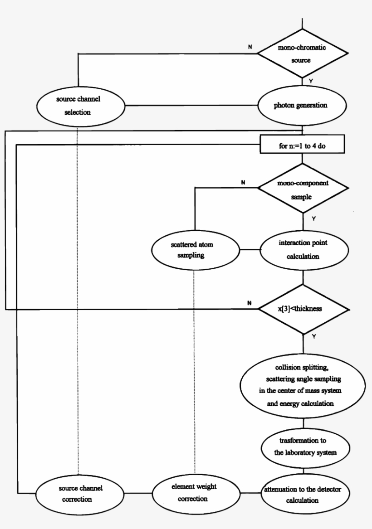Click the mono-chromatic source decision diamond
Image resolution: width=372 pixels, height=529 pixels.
point(303,54)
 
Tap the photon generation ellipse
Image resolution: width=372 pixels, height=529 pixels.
point(303,106)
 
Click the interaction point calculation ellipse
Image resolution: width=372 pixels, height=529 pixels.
point(303,250)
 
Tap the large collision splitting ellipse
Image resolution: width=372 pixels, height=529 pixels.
point(303,385)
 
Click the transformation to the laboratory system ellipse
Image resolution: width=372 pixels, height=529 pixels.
point(303,446)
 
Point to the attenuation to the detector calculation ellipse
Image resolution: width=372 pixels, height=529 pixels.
point(303,494)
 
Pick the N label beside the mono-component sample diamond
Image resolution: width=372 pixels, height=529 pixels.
point(243,183)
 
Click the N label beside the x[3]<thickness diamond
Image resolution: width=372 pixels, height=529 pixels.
point(250,303)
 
